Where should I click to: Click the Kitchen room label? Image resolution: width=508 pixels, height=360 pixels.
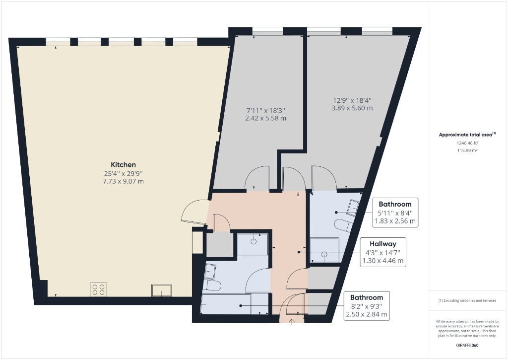(x=123, y=164)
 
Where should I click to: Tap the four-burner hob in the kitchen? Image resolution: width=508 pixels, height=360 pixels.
(x=98, y=289)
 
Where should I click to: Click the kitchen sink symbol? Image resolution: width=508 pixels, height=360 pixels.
(x=162, y=290)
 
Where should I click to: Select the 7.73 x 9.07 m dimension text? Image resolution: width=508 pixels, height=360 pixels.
(x=123, y=181)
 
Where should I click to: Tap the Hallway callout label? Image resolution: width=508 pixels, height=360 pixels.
(x=382, y=244)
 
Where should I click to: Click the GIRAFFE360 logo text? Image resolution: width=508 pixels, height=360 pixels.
(x=467, y=345)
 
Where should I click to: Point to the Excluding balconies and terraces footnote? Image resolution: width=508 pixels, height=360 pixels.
(x=466, y=301)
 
